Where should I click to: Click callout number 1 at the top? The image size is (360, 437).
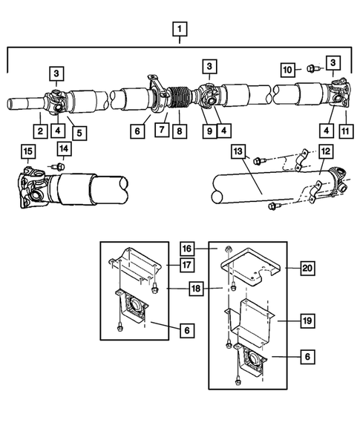[x=179, y=30]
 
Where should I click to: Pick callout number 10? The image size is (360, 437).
[x=289, y=69]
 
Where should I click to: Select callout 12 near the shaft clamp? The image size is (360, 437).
[x=324, y=172]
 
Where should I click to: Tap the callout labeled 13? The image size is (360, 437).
[x=238, y=152]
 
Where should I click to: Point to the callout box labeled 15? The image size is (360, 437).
[x=27, y=154]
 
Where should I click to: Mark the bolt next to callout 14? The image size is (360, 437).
[x=58, y=166]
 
